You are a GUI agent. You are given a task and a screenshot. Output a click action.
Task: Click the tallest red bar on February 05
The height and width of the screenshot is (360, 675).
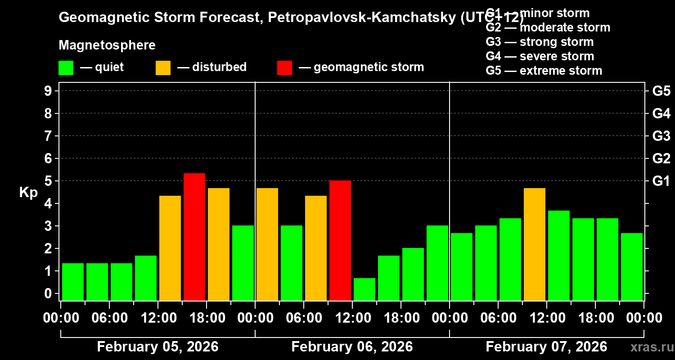click(x=194, y=237)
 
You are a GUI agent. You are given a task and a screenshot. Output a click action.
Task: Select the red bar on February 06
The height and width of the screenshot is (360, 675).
click(x=340, y=240)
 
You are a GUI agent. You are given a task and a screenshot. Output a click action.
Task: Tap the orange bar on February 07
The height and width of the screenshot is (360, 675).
click(x=535, y=244)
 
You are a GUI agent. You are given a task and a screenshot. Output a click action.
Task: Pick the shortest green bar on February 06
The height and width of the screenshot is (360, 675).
click(x=364, y=289)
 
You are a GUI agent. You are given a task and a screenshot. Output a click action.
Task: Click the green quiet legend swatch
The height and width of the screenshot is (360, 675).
click(x=66, y=67)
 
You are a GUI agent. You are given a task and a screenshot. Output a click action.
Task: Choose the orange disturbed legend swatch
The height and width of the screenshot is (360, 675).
click(x=163, y=67)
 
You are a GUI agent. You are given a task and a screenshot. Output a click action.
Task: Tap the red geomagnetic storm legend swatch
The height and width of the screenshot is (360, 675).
click(x=284, y=67)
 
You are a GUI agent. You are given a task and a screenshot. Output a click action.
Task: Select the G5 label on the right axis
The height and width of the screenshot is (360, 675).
click(x=661, y=91)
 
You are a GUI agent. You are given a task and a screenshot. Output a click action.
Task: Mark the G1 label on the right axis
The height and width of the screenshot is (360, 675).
click(x=661, y=181)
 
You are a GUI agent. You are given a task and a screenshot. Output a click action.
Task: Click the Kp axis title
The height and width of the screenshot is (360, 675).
click(x=28, y=192)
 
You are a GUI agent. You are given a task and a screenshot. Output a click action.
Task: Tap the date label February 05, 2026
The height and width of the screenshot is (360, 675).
click(x=157, y=347)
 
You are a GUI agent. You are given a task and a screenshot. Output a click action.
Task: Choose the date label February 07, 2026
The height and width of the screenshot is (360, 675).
click(x=546, y=347)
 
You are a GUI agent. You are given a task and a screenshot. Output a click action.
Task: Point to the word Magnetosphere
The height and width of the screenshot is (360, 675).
click(x=107, y=45)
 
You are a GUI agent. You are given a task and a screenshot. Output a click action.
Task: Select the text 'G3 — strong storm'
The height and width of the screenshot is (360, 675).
click(x=540, y=42)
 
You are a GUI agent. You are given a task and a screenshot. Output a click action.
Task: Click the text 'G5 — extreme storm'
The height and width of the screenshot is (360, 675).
click(x=544, y=71)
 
